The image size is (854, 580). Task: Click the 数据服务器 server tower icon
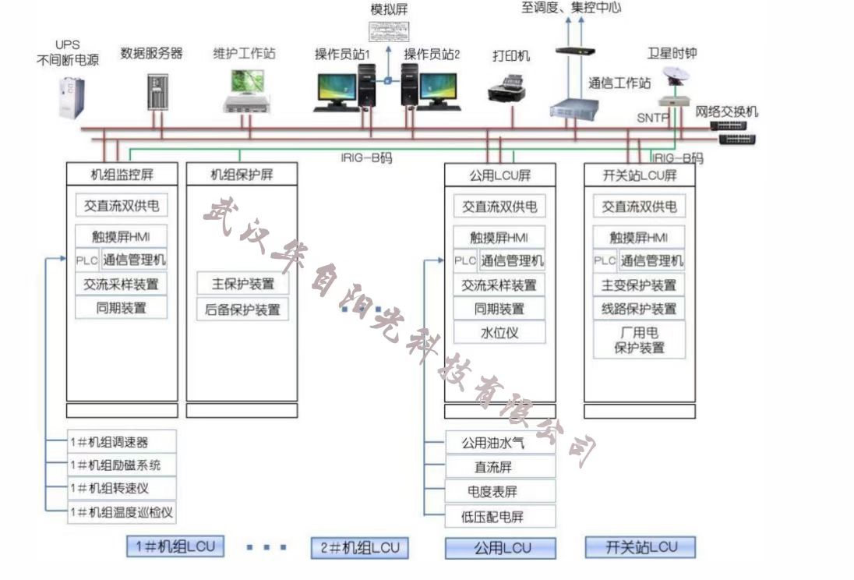tap(157, 91)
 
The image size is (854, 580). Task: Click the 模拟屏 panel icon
tap(390, 32)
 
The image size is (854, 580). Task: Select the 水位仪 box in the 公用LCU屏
tap(499, 333)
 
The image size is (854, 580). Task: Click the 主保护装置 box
tap(242, 284)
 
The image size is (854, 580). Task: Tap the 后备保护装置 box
tap(242, 309)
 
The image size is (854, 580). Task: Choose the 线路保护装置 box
tap(639, 309)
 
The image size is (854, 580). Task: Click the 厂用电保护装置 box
tap(639, 340)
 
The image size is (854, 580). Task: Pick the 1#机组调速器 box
tap(122, 442)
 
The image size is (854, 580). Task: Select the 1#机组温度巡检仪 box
tap(122, 512)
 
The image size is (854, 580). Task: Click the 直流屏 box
tap(500, 467)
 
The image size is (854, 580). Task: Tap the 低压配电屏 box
tap(500, 516)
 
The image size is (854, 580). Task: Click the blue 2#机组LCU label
tap(359, 547)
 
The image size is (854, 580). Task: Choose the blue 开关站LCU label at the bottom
tap(640, 547)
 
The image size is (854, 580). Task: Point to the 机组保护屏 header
tap(242, 175)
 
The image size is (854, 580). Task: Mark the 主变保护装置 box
tap(639, 285)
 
